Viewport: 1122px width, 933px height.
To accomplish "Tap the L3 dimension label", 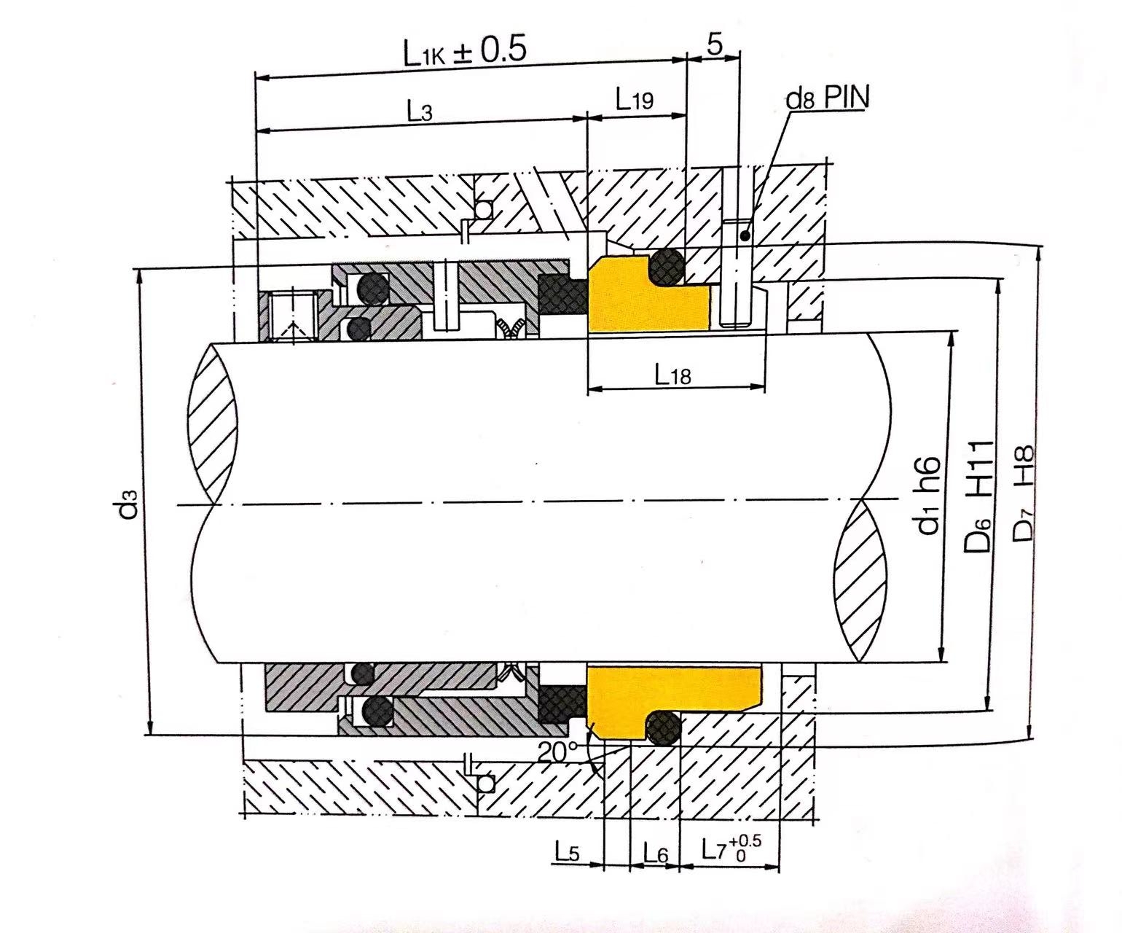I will click(x=419, y=112).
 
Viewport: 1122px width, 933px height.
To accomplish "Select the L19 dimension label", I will click(x=634, y=100).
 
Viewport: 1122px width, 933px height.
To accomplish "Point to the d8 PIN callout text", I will click(x=827, y=98).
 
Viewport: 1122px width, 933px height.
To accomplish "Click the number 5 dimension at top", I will click(x=715, y=44).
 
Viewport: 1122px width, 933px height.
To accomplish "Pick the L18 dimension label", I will click(x=672, y=375).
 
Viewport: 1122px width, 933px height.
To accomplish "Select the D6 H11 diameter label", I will click(x=981, y=496).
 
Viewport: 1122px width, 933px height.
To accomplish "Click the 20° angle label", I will click(x=557, y=751).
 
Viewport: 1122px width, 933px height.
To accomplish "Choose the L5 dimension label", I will click(x=566, y=851).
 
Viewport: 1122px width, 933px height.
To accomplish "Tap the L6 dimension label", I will click(x=655, y=851).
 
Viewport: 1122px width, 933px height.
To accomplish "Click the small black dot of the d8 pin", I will click(x=743, y=235).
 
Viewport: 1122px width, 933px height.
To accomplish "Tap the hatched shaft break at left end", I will click(x=213, y=423).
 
